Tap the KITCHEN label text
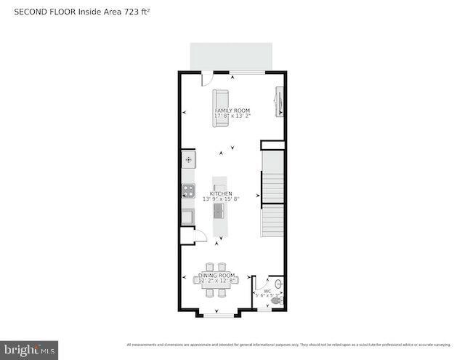coord(222,193)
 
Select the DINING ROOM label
coord(217,276)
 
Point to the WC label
coord(267,290)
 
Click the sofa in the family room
coord(220,108)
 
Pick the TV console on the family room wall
coord(278,102)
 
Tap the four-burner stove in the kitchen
coord(188,191)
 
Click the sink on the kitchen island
coord(218,211)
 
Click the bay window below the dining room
coord(217,314)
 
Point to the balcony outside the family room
coord(231,55)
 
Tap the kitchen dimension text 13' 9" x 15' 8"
coord(222,199)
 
